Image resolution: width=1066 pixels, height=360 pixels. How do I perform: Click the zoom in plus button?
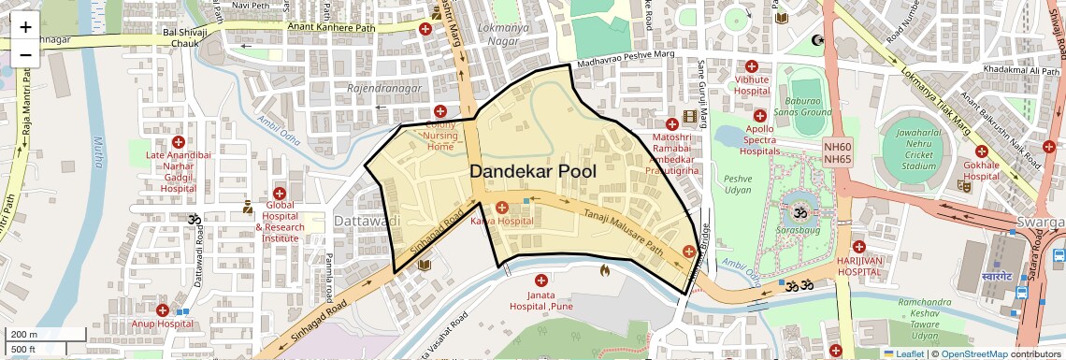(25, 27)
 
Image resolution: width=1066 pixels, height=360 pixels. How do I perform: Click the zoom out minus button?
(25, 55)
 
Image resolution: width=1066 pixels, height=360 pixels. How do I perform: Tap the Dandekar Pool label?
(532, 171)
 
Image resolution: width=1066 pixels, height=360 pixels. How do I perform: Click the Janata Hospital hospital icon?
(540, 281)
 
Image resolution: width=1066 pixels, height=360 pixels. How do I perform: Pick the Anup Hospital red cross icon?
(163, 310)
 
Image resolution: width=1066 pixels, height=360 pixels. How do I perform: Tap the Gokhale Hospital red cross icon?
(981, 151)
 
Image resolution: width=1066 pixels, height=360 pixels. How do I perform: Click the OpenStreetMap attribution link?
(975, 353)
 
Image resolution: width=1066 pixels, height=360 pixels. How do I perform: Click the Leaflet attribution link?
(906, 353)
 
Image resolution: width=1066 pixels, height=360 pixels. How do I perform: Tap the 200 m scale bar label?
(24, 335)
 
